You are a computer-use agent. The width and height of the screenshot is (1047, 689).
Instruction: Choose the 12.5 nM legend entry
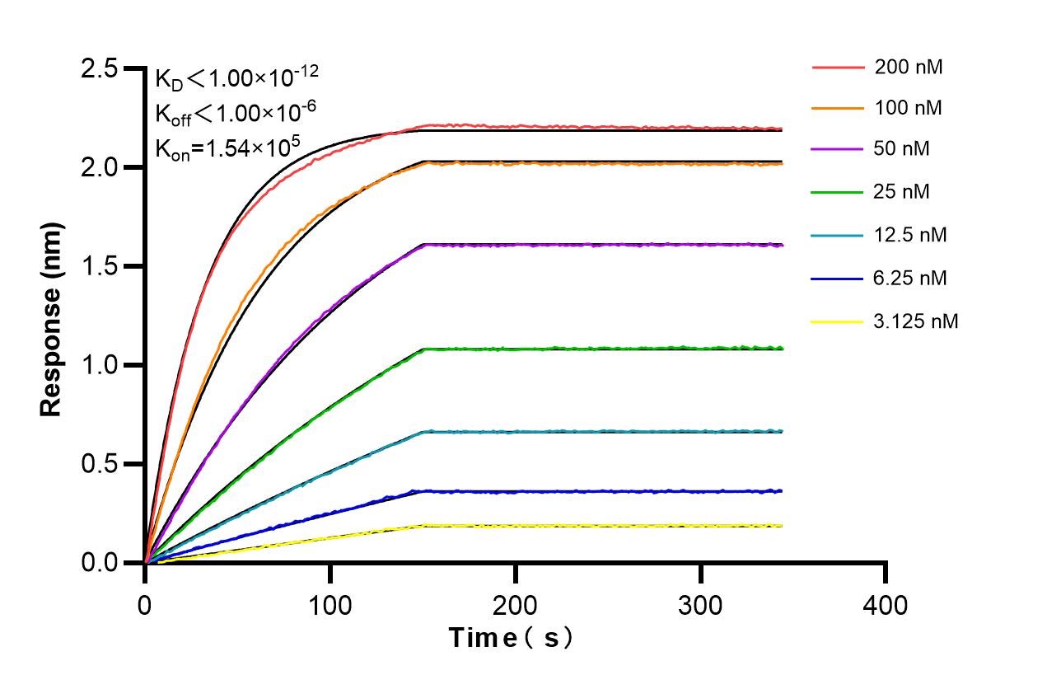(911, 236)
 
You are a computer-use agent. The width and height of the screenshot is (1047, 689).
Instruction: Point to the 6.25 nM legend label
(911, 279)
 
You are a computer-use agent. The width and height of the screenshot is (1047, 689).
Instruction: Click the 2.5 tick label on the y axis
(99, 69)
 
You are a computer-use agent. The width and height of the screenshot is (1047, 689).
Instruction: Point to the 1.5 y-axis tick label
(99, 267)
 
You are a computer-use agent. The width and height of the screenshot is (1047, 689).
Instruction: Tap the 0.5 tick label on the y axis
(99, 465)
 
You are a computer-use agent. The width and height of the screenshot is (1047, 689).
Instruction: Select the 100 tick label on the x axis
(330, 605)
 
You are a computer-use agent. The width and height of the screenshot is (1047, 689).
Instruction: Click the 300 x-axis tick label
(700, 605)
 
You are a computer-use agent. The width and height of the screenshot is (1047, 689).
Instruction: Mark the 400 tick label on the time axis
(886, 605)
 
